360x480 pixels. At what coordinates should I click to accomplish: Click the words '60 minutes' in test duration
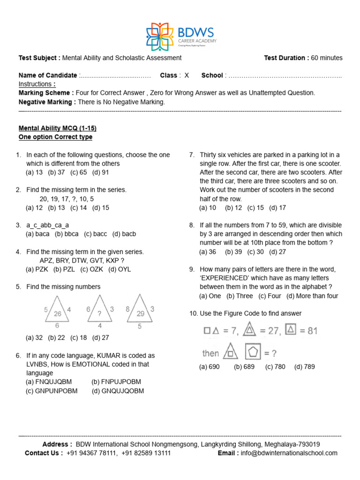tap(327, 58)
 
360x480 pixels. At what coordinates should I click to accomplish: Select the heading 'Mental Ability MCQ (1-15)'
tap(58, 128)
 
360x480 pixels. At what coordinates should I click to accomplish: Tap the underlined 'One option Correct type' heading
tap(55, 137)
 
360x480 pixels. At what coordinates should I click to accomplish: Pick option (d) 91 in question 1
tap(101, 172)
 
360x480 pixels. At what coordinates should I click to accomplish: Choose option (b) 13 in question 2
tap(56, 208)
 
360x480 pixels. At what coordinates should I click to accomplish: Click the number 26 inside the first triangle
tap(57, 314)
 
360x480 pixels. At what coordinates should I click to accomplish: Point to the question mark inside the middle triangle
tap(99, 315)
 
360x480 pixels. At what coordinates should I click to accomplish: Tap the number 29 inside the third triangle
tap(140, 314)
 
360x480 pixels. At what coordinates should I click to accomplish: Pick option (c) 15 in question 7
tap(255, 208)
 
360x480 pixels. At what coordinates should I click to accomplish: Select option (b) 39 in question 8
tap(233, 252)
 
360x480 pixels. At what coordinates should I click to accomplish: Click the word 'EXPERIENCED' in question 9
tap(225, 278)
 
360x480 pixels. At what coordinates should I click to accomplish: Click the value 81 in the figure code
tap(309, 331)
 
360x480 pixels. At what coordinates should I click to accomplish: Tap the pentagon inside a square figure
tap(254, 351)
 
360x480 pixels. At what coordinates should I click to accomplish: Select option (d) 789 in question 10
tap(305, 367)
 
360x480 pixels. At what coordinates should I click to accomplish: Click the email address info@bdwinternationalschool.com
tap(289, 453)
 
